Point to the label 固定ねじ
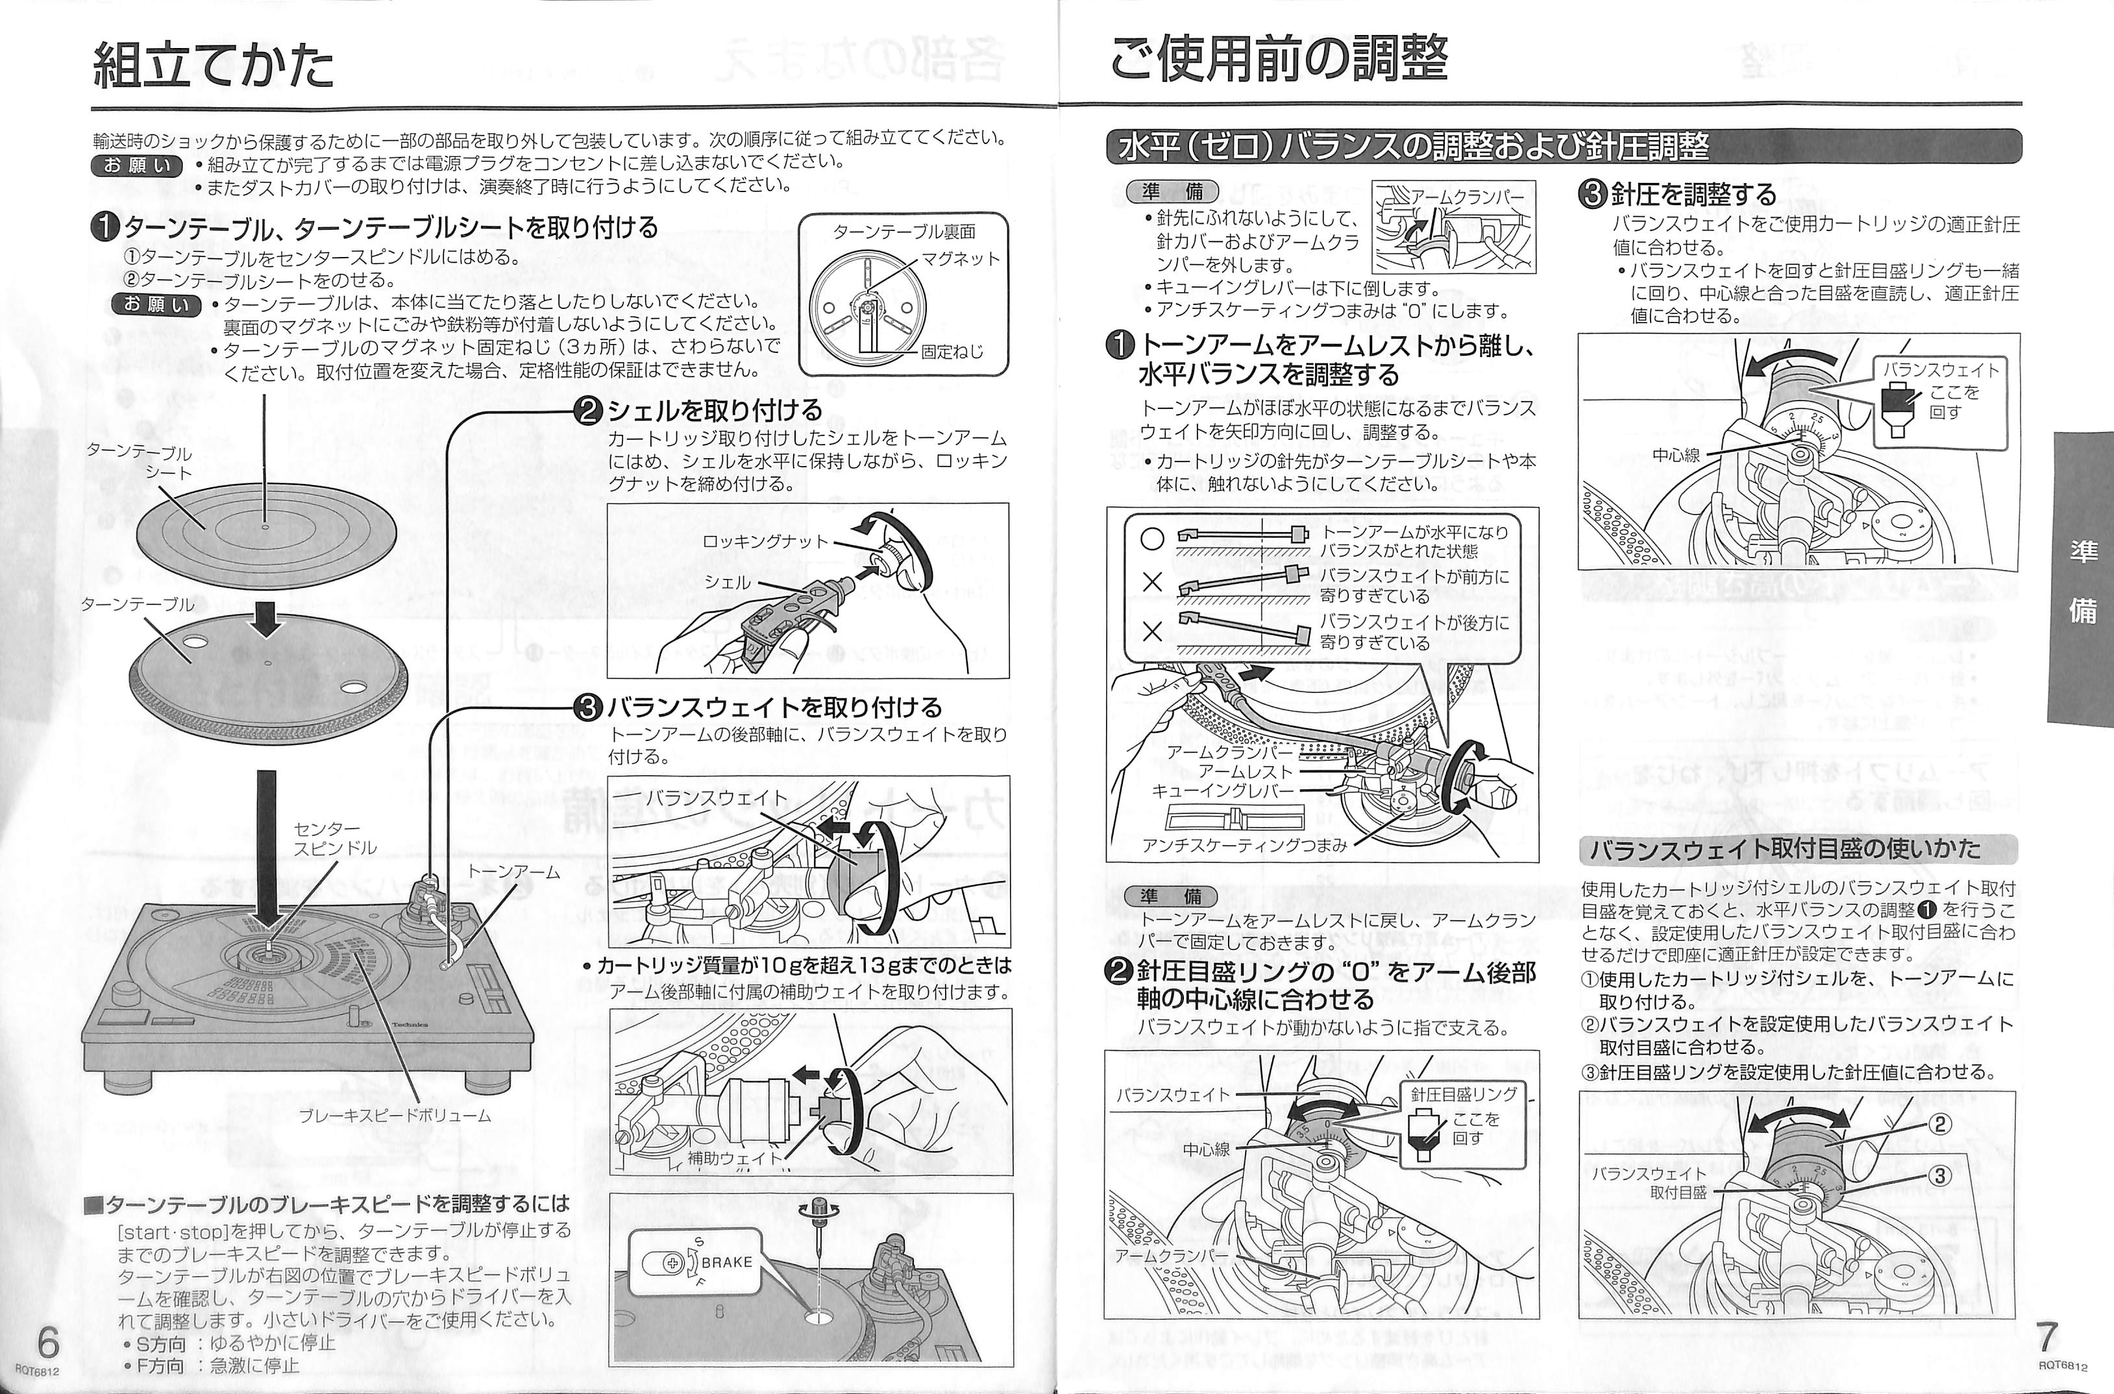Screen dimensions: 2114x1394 click(x=952, y=351)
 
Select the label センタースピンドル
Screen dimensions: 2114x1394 click(x=335, y=838)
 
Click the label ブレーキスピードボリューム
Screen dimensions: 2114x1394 click(x=395, y=1116)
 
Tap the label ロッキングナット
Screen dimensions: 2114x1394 click(x=765, y=541)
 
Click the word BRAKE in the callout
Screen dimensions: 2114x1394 click(x=726, y=1262)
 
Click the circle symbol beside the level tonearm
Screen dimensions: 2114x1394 click(x=1152, y=538)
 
